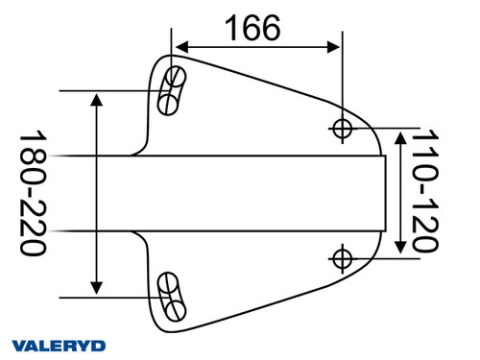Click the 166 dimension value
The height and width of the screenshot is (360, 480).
pos(252,28)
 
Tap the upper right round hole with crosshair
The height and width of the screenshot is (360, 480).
pos(342,127)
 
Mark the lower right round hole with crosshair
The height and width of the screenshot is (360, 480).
pos(342,256)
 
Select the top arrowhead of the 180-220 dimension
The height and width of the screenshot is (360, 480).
pos(96,99)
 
